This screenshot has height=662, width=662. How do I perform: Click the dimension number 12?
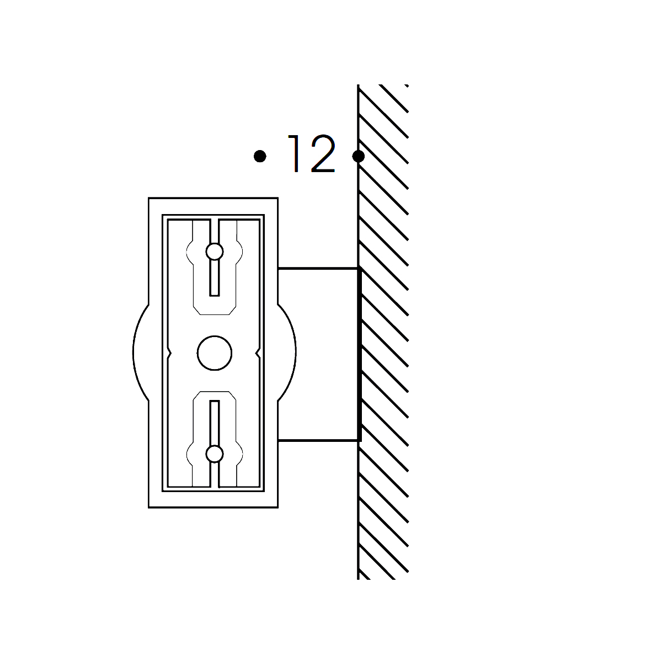(x=311, y=153)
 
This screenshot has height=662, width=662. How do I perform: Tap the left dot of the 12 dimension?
(x=260, y=156)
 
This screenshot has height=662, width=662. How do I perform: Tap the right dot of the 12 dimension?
(x=359, y=156)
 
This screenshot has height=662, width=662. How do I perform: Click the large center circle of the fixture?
(x=215, y=353)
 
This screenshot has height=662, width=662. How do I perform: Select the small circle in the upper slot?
(x=215, y=252)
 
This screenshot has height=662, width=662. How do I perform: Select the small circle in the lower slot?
(x=215, y=454)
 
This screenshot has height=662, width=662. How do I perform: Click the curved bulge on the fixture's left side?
(x=134, y=353)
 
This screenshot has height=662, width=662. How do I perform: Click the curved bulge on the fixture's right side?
(x=295, y=353)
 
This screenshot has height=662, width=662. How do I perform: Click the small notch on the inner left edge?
(x=169, y=353)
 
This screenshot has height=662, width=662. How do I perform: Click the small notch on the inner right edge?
(x=258, y=353)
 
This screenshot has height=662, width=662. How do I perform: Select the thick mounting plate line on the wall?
(x=359, y=354)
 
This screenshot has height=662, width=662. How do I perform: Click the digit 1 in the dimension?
(x=295, y=153)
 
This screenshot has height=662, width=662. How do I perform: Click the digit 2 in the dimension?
(x=323, y=153)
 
